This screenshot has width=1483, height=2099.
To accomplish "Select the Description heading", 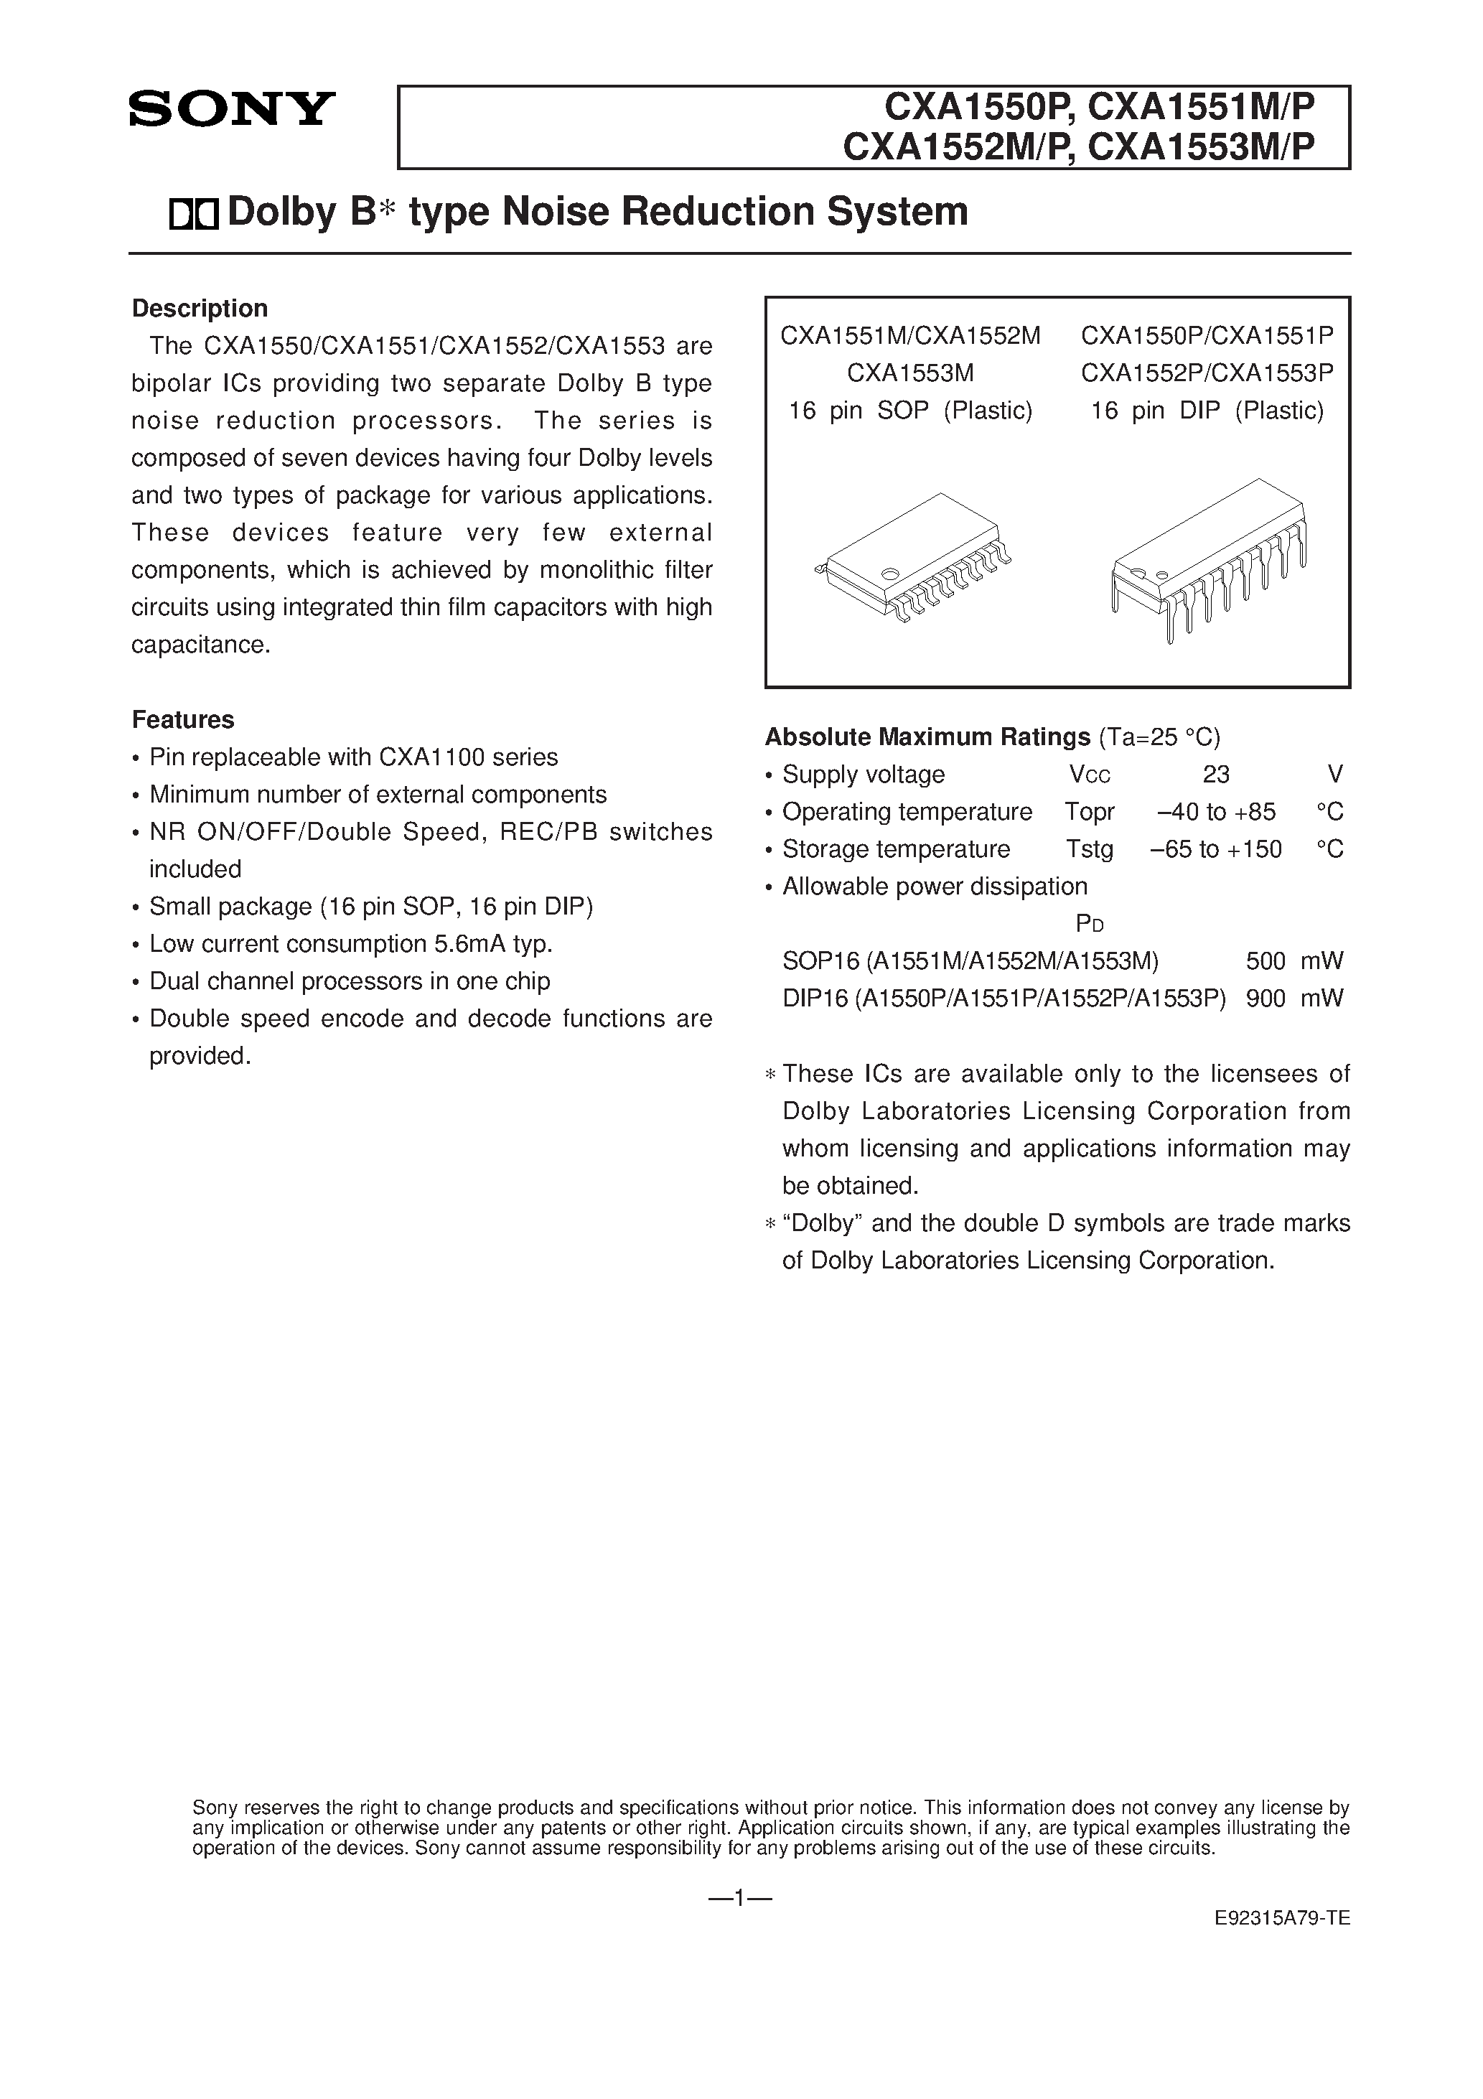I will point(200,308).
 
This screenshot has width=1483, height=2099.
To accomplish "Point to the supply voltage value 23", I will point(1215,775).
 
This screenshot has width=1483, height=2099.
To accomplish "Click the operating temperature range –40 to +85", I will point(1216,812).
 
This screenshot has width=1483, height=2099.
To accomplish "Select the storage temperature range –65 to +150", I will point(1216,849).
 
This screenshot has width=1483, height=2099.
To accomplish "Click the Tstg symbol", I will point(1089,849).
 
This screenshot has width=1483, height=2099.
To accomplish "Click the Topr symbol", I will point(1089,812).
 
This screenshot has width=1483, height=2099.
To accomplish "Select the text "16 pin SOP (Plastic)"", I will point(911,411).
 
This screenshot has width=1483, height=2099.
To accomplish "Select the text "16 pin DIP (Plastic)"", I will point(1207,411).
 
